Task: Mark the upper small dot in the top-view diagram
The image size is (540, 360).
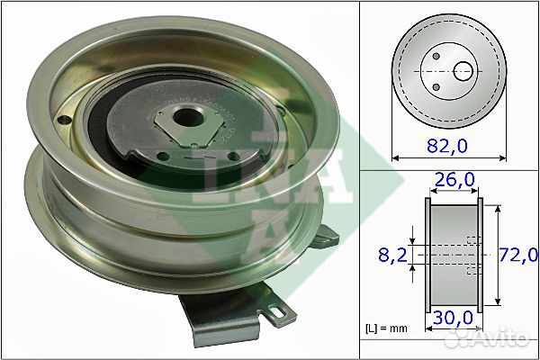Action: pos(436,57)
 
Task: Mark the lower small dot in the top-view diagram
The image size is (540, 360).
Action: pos(436,86)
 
